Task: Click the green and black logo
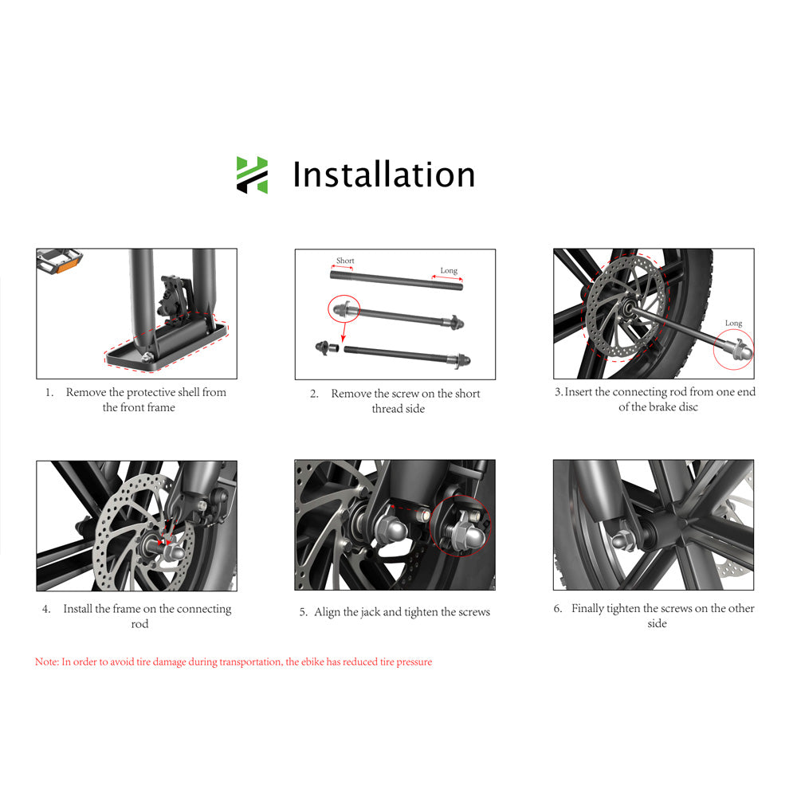252,175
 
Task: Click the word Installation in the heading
383,175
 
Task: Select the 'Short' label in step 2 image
345,261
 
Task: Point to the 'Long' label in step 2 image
449,271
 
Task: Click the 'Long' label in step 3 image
733,323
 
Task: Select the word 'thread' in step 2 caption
387,409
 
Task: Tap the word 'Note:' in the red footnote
47,662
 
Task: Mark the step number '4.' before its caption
46,609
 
